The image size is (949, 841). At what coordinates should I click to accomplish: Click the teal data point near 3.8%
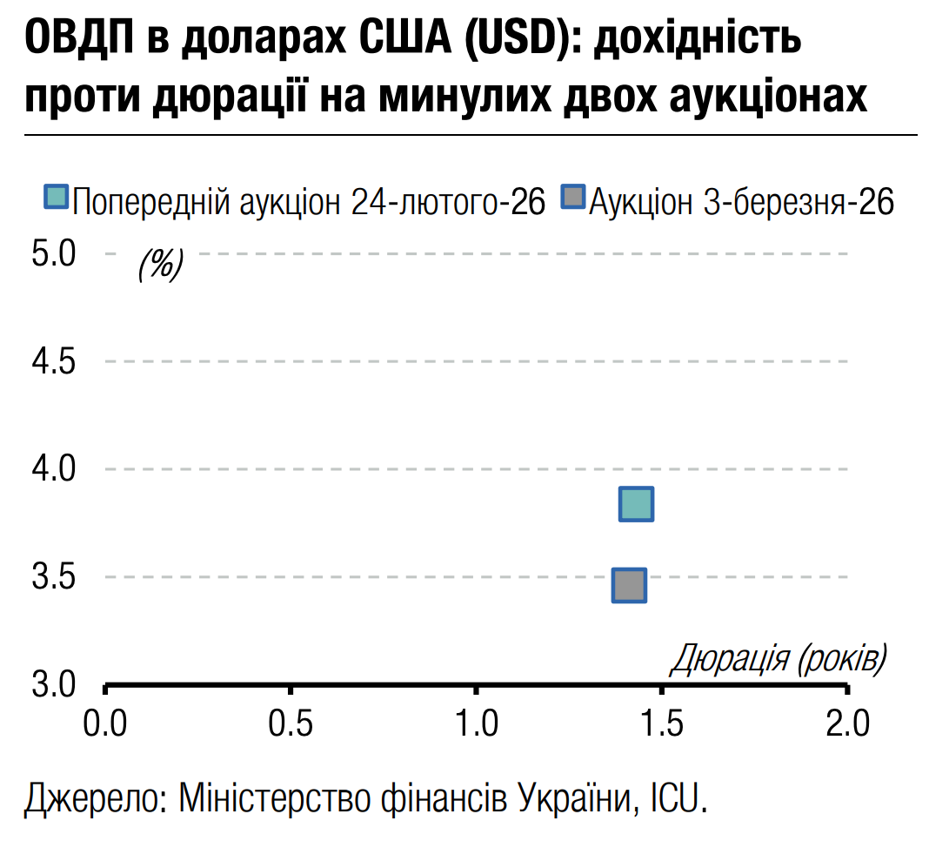(x=636, y=504)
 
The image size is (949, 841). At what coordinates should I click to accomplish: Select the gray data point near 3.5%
(x=629, y=585)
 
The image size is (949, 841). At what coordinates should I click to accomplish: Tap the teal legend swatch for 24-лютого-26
(x=56, y=196)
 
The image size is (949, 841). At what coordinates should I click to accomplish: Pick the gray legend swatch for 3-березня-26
(x=573, y=196)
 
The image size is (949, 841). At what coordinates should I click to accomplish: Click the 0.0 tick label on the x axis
(x=105, y=723)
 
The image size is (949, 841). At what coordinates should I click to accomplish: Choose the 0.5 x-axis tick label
(x=291, y=723)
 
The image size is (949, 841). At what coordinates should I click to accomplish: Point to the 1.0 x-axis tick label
(x=476, y=723)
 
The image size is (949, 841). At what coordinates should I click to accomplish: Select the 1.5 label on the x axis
(x=662, y=723)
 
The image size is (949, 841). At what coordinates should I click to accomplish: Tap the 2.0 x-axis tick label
(x=847, y=723)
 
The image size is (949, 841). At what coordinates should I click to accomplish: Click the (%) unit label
(x=160, y=264)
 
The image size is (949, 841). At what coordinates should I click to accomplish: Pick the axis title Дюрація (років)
(x=779, y=659)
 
